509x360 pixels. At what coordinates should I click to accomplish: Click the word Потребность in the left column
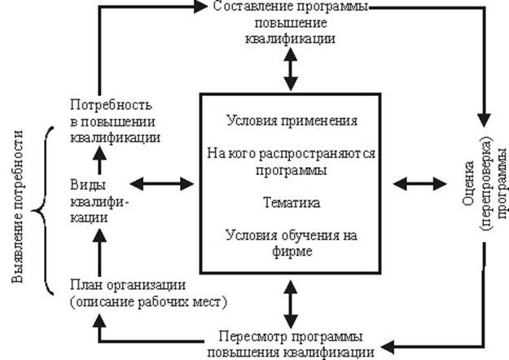108,106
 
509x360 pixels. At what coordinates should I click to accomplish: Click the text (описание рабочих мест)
147,301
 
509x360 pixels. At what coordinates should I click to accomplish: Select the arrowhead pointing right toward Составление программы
204,7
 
